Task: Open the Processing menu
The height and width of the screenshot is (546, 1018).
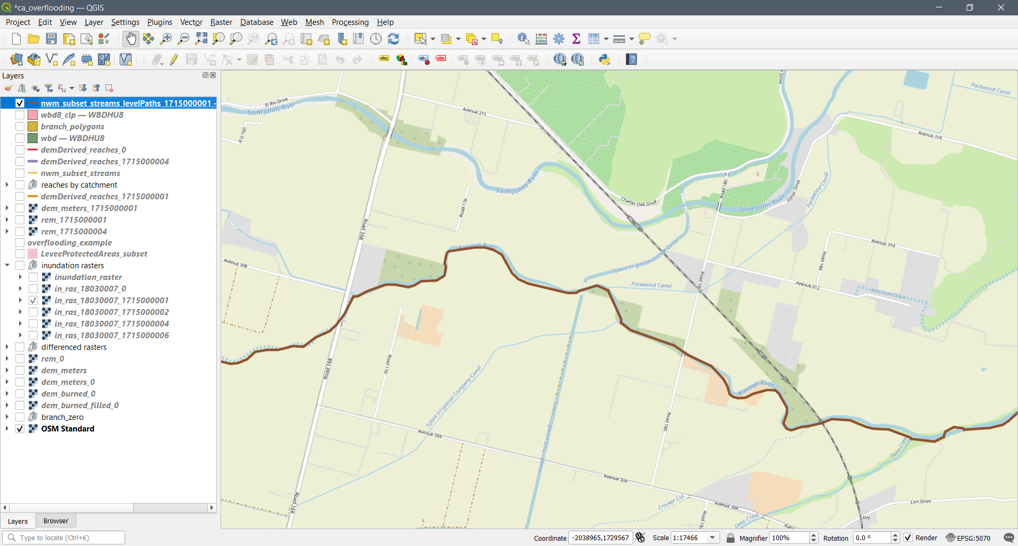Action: tap(350, 22)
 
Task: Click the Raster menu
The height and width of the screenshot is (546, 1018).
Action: tap(221, 22)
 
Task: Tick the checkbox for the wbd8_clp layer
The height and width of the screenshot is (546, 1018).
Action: tap(20, 115)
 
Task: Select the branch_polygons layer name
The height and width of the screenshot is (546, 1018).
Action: tap(72, 127)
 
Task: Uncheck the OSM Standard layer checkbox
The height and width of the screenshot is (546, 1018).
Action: tap(20, 429)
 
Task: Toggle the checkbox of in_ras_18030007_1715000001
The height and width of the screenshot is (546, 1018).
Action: tap(33, 301)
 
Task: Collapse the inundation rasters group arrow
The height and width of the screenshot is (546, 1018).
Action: tap(7, 266)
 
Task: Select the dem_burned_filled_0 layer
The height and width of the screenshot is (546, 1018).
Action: tap(80, 406)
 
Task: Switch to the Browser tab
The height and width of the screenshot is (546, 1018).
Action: tap(56, 521)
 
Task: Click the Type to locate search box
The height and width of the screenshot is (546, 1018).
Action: tap(69, 538)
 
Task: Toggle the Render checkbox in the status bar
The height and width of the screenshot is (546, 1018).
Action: tap(908, 538)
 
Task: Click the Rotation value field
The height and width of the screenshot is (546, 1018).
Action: tap(872, 538)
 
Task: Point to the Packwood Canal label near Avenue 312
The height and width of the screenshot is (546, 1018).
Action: tap(651, 285)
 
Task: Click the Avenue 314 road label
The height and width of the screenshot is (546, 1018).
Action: tap(883, 243)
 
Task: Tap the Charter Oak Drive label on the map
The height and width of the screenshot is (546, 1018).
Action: tap(638, 202)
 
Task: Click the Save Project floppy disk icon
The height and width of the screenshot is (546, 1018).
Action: tap(51, 39)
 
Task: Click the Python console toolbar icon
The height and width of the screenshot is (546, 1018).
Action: tap(604, 59)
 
